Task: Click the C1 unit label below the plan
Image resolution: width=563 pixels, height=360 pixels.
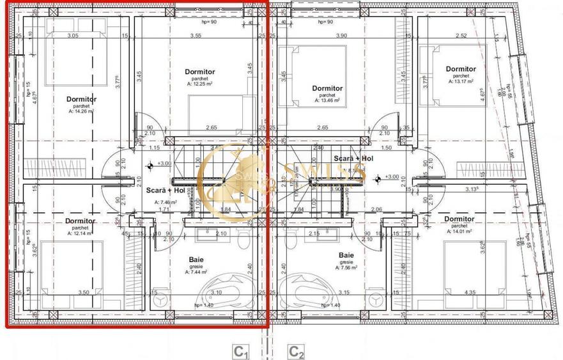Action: pyautogui.click(x=240, y=351)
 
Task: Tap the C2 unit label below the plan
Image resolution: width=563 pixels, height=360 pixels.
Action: pyautogui.click(x=296, y=351)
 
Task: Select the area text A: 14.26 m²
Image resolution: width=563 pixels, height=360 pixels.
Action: pyautogui.click(x=81, y=111)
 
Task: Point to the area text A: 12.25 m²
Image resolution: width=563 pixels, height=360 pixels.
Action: pyautogui.click(x=199, y=84)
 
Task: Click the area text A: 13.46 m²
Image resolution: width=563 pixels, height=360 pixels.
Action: pyautogui.click(x=327, y=100)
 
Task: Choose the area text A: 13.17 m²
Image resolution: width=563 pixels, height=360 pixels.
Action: pyautogui.click(x=460, y=81)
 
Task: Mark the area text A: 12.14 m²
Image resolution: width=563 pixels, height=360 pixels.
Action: pyautogui.click(x=80, y=233)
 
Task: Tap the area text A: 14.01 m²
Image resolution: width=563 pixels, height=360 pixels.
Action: pyautogui.click(x=458, y=231)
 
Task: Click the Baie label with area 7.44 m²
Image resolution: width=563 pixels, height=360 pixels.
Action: pyautogui.click(x=197, y=260)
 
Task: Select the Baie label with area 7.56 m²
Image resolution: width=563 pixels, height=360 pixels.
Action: pyautogui.click(x=346, y=255)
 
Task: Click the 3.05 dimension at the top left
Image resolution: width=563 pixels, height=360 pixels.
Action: pyautogui.click(x=73, y=36)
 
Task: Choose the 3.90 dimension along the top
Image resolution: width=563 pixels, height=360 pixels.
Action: pyautogui.click(x=342, y=36)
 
